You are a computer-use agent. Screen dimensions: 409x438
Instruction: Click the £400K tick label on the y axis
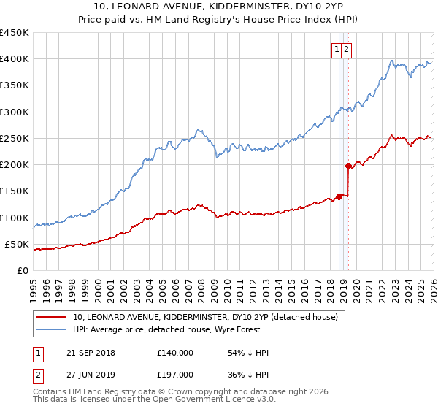coord(15,59)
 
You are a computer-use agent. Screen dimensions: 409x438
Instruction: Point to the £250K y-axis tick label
coord(15,138)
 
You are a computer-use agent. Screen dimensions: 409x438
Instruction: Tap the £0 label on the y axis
coord(23,270)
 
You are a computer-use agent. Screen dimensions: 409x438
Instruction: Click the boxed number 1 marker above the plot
coord(338,50)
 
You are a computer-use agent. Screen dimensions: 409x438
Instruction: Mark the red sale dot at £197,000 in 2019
coord(348,167)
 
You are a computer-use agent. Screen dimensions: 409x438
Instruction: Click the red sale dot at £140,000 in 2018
coord(339,196)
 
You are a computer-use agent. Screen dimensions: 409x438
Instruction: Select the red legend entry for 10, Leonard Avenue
coord(204,318)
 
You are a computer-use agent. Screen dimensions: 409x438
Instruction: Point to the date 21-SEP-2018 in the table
coord(91,353)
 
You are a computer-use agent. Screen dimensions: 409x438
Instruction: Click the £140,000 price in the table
coord(175,353)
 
